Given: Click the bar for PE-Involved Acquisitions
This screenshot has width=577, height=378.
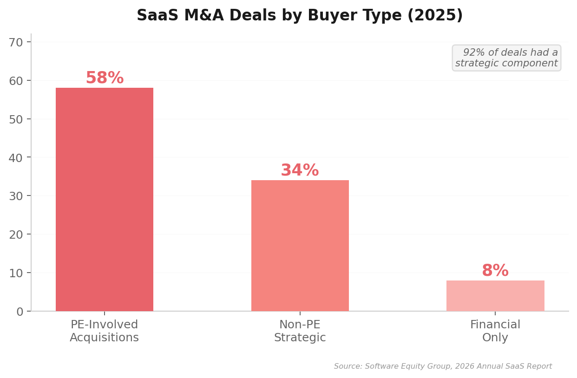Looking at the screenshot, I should pos(105,199).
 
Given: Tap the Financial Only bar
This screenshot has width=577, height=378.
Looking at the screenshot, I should pos(495,295).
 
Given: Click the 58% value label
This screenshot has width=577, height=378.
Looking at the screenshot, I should pos(105,78).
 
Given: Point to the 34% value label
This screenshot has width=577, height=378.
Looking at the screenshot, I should pos(300,170).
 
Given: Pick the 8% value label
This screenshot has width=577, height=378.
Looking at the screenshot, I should pos(495,271).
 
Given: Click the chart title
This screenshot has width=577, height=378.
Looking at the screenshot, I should pos(300,16).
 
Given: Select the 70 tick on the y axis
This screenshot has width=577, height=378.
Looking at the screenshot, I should pos(16,42).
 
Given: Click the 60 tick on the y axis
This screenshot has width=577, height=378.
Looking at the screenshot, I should pos(16,81).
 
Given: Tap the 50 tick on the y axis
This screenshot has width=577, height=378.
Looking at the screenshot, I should pos(16,119).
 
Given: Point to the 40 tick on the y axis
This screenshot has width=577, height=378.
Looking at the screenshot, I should pos(16,158).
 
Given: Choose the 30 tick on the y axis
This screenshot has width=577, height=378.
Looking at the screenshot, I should pos(16,196).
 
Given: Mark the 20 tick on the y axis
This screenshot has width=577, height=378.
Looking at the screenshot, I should pos(16,235).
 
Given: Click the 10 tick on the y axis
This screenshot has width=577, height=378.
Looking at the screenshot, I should pos(16,273).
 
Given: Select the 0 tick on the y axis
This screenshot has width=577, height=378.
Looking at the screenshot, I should pos(20,312).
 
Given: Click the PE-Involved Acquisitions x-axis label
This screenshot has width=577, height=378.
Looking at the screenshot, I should pos(105,331).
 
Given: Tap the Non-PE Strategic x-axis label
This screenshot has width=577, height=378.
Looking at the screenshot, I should pos(300,331).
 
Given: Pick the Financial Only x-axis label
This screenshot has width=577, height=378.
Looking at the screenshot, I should pos(495,331).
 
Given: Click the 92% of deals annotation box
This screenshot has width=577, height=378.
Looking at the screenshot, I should pos(506,58).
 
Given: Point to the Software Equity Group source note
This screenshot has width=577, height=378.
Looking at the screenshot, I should pos(443,366).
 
